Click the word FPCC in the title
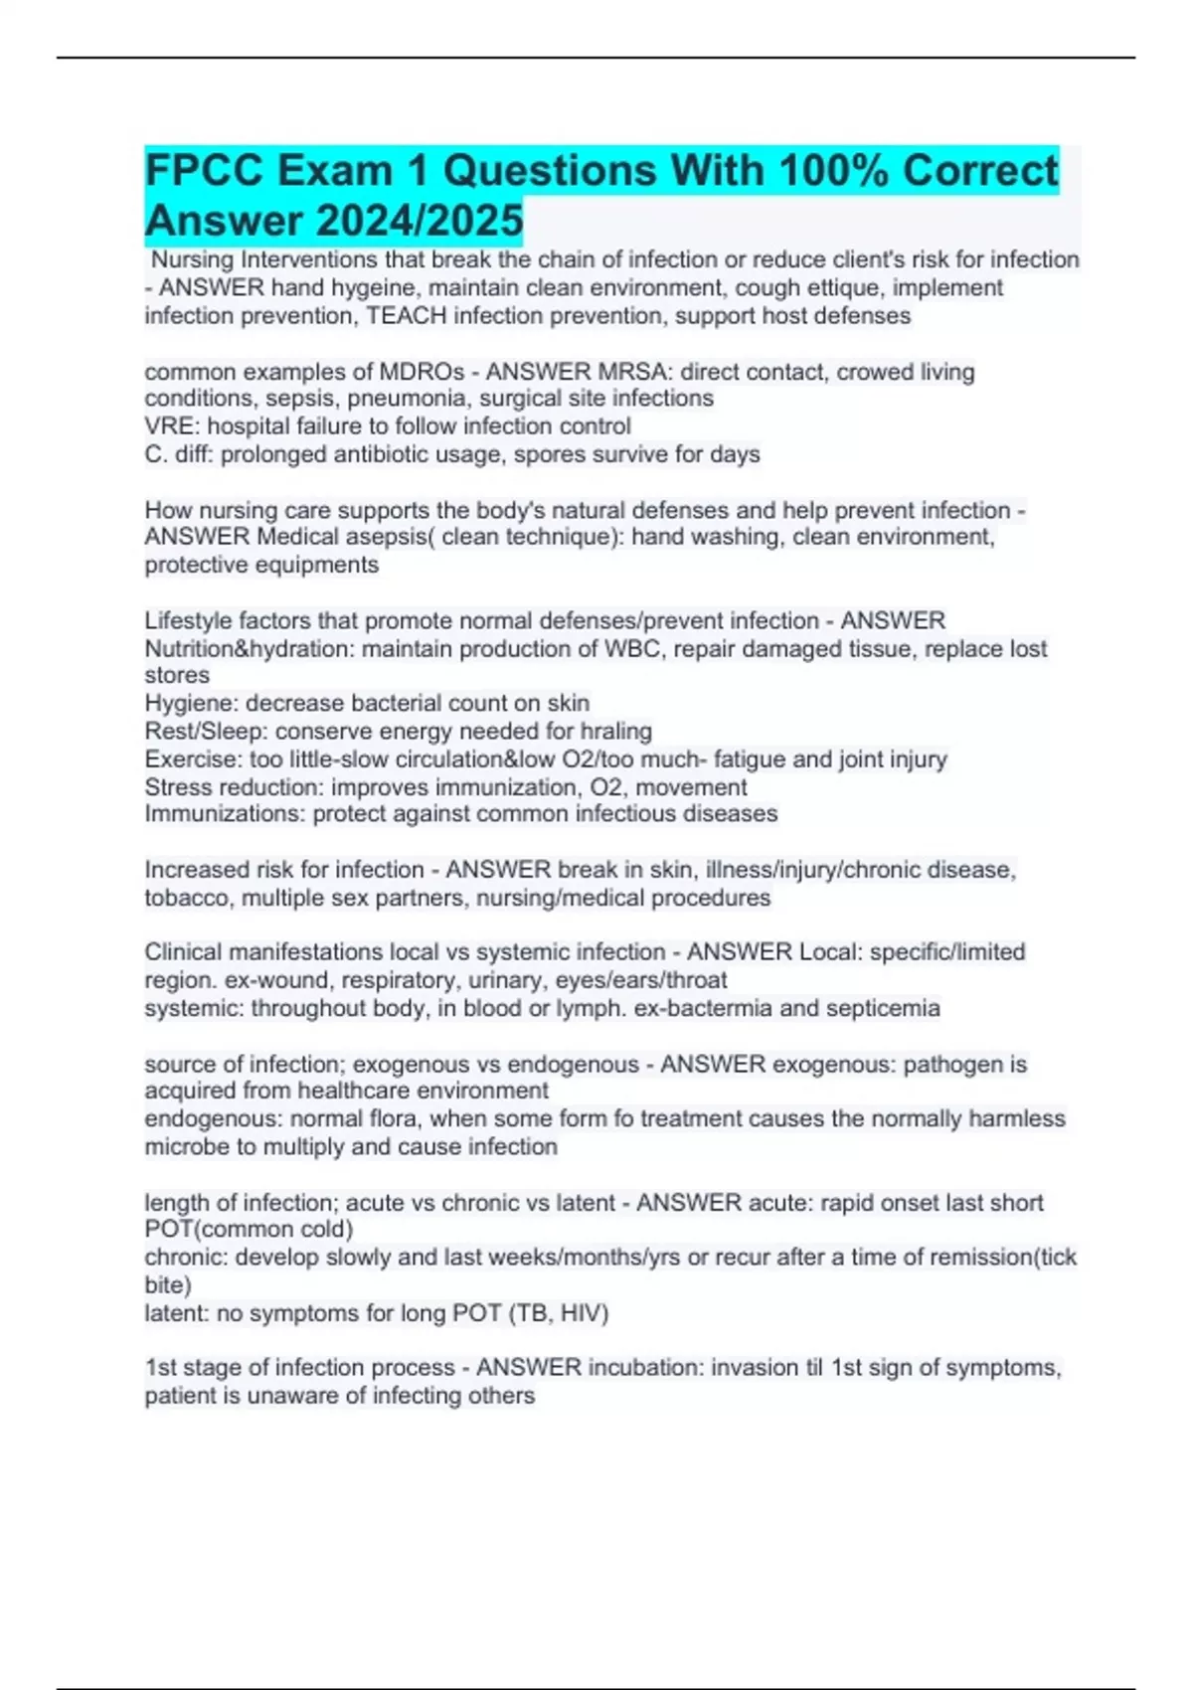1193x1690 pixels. pos(204,171)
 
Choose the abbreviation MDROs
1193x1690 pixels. pos(423,372)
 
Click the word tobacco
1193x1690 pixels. pos(186,898)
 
